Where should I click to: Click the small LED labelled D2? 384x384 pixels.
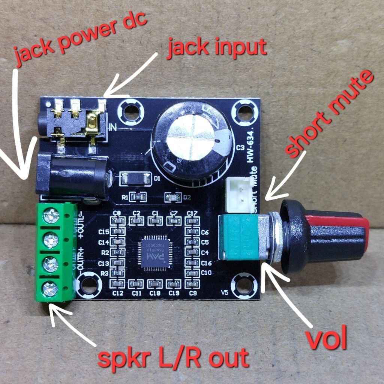tap(173, 197)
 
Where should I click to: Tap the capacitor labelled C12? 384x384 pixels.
tap(118, 283)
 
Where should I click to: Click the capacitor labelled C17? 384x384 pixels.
tap(192, 221)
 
